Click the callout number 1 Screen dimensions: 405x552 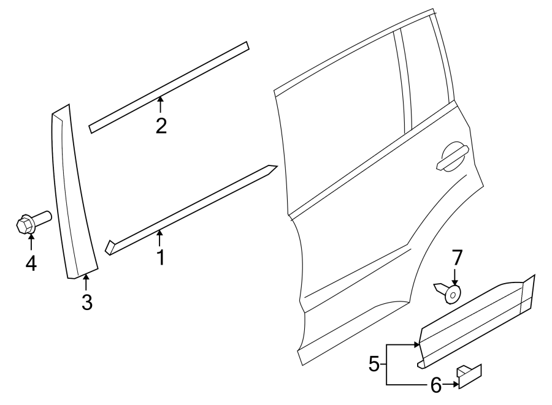[x=160, y=257]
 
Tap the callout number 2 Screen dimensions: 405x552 [x=161, y=126]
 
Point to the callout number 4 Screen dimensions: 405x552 [x=31, y=263]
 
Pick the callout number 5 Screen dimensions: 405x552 [x=374, y=365]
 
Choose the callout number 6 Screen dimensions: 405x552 [x=435, y=385]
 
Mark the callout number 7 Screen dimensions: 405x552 [x=456, y=257]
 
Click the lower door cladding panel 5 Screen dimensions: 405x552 [x=475, y=322]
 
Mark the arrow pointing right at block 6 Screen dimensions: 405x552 [x=451, y=384]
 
